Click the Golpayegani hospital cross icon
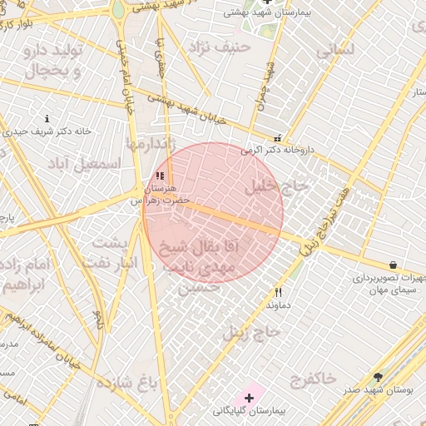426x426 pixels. click(249, 399)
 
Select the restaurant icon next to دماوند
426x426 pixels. click(278, 292)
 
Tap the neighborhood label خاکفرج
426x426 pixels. click(313, 380)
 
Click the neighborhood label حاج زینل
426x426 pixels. click(252, 334)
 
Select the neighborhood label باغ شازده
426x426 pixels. click(126, 384)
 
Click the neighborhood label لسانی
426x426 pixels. click(335, 50)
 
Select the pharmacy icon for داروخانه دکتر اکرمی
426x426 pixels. click(278, 138)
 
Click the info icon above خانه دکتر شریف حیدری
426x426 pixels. click(47, 119)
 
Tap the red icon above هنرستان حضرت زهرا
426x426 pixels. click(160, 176)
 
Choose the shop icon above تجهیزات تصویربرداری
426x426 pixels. click(393, 265)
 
